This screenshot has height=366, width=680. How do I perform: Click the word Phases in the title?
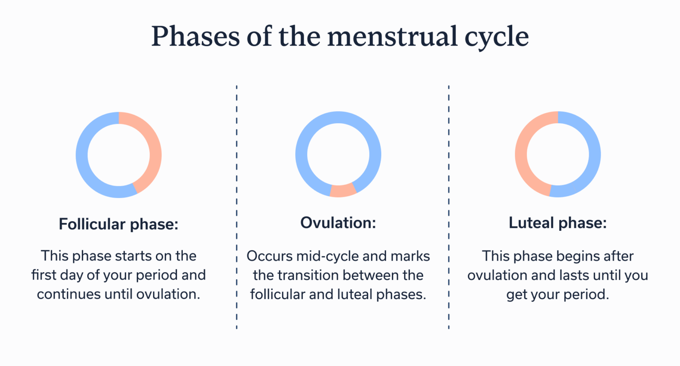click(195, 36)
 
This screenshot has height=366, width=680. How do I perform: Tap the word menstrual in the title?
click(392, 36)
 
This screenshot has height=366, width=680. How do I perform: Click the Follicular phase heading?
click(119, 224)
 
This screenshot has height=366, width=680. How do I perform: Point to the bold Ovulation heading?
click(338, 223)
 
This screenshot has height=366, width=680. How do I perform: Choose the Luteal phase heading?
click(557, 223)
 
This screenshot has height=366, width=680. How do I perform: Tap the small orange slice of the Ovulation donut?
click(343, 191)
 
